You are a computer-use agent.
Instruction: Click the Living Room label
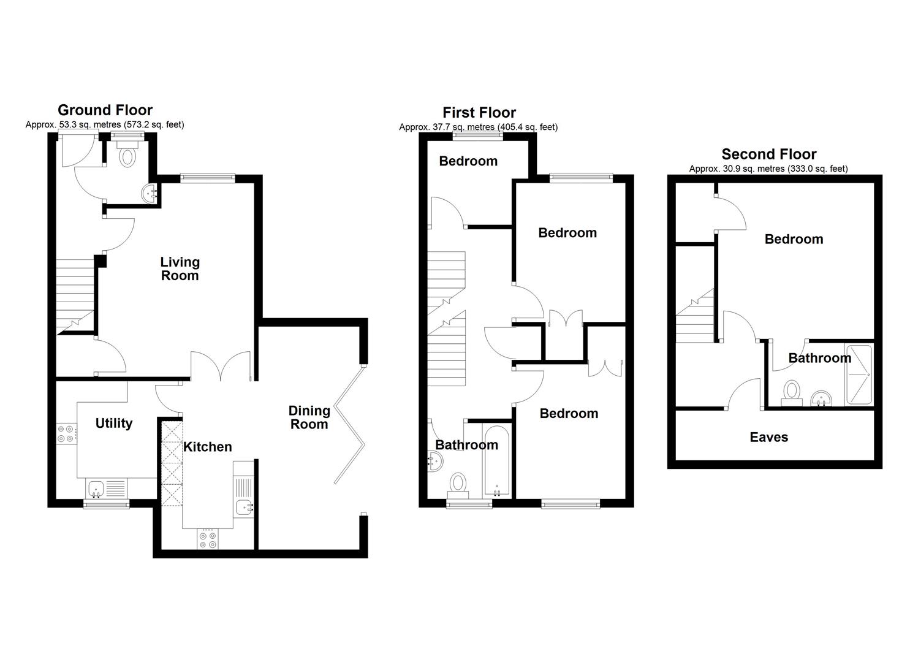click(x=180, y=268)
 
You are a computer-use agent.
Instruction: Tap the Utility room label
click(x=114, y=423)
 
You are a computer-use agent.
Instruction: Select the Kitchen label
click(x=208, y=447)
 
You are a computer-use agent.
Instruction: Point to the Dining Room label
click(x=309, y=417)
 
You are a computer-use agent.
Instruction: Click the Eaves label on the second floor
click(x=768, y=437)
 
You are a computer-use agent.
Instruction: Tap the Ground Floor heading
click(x=105, y=110)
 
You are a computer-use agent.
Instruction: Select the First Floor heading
click(x=479, y=112)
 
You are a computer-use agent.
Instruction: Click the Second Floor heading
click(x=769, y=154)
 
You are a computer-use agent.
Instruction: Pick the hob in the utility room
click(x=66, y=433)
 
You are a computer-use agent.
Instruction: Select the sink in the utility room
click(x=107, y=489)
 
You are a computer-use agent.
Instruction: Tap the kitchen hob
click(x=208, y=539)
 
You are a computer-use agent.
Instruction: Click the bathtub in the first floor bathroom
click(x=497, y=461)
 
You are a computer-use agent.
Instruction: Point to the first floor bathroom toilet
click(x=458, y=486)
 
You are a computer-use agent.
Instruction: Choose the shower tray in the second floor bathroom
click(x=859, y=375)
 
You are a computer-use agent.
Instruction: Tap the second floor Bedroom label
click(x=794, y=239)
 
